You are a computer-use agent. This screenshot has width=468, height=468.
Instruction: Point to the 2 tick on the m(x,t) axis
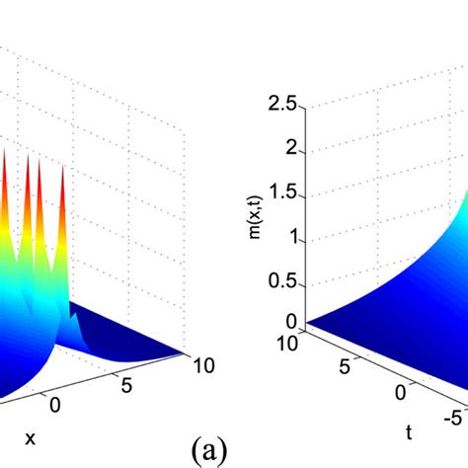pyautogui.click(x=289, y=146)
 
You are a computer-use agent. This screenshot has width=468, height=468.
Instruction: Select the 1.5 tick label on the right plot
pyautogui.click(x=283, y=193)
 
